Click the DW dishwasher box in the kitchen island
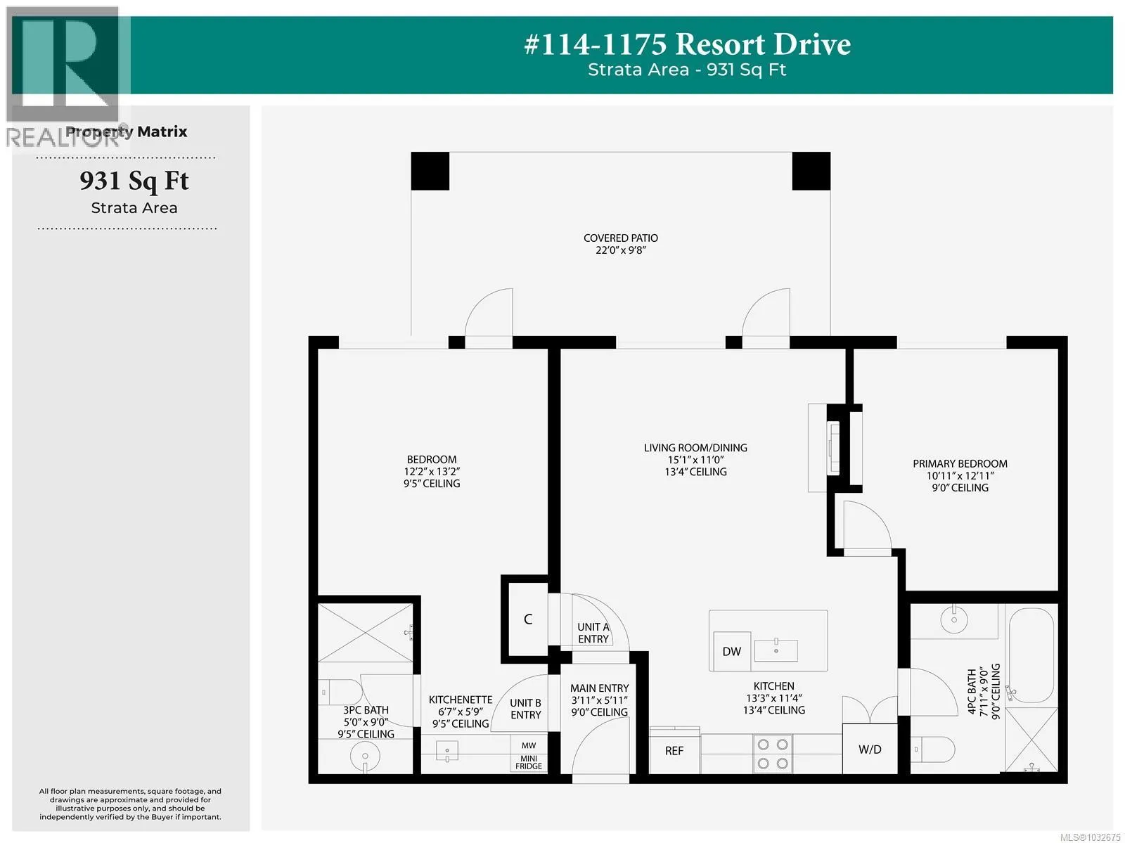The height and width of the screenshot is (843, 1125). [731, 651]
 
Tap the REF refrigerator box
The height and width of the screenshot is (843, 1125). [674, 752]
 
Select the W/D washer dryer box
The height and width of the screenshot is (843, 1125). [870, 749]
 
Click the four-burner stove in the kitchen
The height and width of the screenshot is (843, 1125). [772, 753]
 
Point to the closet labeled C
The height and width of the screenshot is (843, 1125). [528, 619]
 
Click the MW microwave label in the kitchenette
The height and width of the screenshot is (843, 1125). [529, 746]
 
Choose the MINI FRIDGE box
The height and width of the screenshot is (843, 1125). [529, 763]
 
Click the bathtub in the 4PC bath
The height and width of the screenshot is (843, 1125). [1031, 656]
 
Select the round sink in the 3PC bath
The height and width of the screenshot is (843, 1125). [365, 756]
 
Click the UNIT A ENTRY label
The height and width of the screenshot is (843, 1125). [593, 633]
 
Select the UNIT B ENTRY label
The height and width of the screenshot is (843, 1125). [525, 709]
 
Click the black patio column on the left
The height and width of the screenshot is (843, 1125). [430, 171]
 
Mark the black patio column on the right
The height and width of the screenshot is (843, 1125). [811, 171]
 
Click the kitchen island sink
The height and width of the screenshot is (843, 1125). [776, 650]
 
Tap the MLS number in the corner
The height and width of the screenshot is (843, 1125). [1090, 837]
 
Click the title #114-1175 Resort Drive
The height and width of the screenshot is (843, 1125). [687, 44]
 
